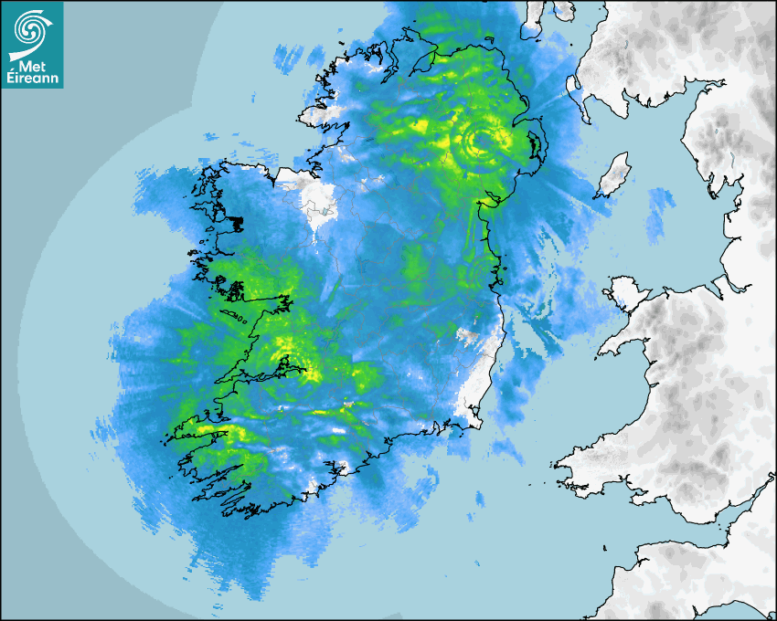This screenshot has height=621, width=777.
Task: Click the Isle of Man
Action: tap(615, 174)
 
